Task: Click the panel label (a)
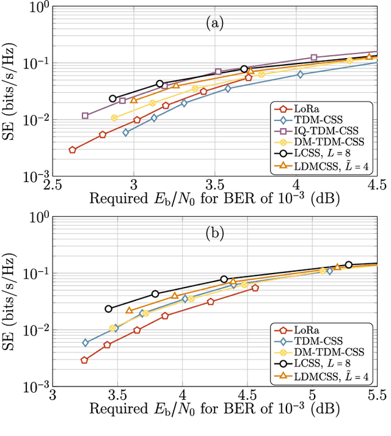coord(214,24)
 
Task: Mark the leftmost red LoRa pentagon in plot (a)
coord(73,150)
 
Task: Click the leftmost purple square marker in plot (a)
coord(85,115)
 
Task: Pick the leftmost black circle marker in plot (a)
coord(112,98)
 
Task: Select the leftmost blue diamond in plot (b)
coord(86,343)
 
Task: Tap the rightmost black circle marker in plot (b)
coord(348,264)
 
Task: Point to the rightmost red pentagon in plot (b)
coord(255,288)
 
